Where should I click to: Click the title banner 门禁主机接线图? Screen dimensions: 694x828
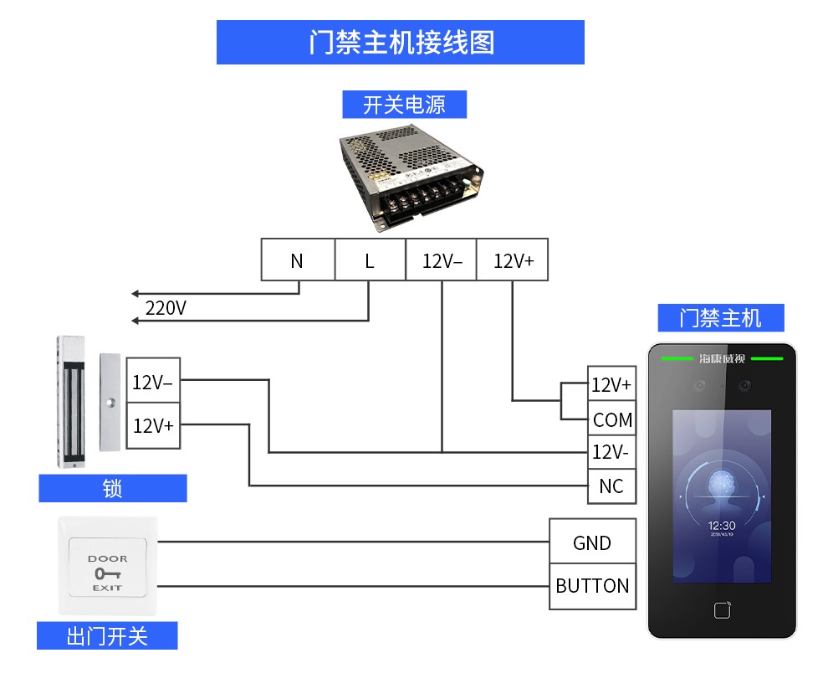(400, 42)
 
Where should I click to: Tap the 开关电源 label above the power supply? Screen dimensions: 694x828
(404, 105)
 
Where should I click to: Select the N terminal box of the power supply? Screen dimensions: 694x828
(297, 260)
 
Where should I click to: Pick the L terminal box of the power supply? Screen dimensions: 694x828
(370, 260)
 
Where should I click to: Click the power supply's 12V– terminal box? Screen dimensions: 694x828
(442, 260)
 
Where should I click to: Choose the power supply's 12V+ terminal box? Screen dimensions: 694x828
(513, 260)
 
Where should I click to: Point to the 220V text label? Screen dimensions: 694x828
(166, 308)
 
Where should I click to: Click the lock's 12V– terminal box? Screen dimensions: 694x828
(152, 383)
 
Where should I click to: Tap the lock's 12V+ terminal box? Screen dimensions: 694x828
(152, 425)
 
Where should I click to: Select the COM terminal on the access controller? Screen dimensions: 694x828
(611, 419)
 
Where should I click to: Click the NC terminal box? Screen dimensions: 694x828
(611, 486)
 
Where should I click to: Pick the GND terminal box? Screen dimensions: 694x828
(592, 542)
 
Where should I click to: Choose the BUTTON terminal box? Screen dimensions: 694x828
(592, 585)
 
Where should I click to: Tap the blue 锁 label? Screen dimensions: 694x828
(112, 488)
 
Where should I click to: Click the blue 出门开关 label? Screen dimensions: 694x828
(107, 635)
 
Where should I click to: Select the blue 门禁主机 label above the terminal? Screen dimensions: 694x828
(720, 318)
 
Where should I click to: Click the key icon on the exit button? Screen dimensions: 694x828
(107, 573)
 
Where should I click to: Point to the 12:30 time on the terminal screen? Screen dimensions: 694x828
(721, 526)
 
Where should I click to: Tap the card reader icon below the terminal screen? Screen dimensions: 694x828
(722, 609)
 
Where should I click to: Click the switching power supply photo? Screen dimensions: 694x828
(410, 176)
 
